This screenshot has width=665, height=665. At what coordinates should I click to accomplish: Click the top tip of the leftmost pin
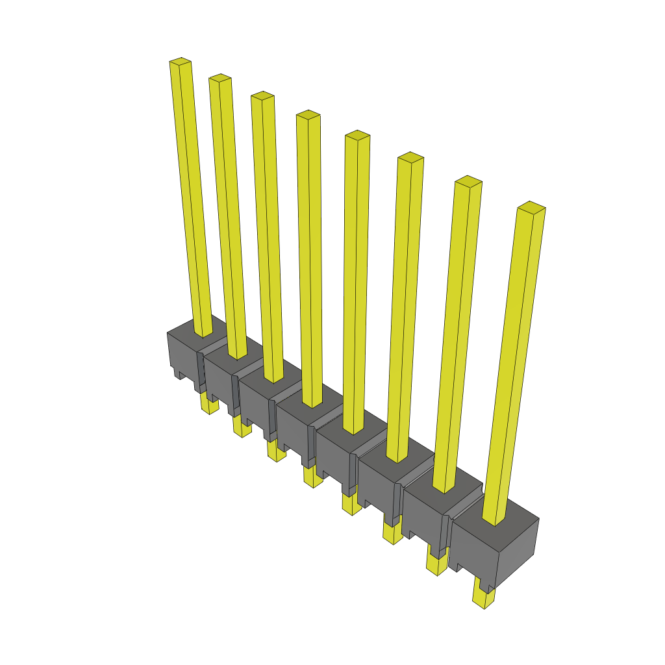pyautogui.click(x=181, y=62)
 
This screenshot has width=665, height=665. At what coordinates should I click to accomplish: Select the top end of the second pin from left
pyautogui.click(x=220, y=78)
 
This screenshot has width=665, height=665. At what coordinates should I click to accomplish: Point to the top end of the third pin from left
pyautogui.click(x=262, y=96)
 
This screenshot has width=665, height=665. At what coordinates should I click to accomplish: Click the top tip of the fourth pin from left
pyautogui.click(x=308, y=115)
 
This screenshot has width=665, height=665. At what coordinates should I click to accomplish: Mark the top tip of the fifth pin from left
pyautogui.click(x=357, y=135)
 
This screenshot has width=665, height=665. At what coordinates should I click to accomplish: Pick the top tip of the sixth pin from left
pyautogui.click(x=410, y=157)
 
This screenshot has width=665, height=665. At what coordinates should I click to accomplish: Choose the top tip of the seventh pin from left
pyautogui.click(x=468, y=181)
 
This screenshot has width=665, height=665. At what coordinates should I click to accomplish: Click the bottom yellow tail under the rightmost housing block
pyautogui.click(x=483, y=597)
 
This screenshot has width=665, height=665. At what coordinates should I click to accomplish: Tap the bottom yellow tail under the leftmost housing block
pyautogui.click(x=209, y=405)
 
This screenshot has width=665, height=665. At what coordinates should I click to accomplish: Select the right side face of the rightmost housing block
pyautogui.click(x=518, y=549)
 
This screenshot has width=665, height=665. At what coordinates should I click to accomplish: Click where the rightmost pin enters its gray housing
pyautogui.click(x=494, y=520)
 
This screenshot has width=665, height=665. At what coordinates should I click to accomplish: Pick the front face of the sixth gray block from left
pyautogui.click(x=377, y=487)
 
